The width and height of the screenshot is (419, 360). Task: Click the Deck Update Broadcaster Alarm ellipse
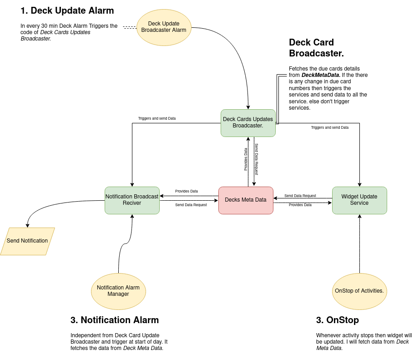click(164, 27)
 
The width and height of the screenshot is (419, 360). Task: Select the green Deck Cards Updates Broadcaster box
click(248, 123)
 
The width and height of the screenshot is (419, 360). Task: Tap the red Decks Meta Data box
click(246, 200)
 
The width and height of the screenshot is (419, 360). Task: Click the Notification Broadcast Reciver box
click(132, 200)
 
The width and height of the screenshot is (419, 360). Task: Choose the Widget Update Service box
click(359, 200)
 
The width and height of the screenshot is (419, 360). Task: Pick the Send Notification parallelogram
click(27, 241)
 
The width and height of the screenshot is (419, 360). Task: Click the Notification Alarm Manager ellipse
click(118, 291)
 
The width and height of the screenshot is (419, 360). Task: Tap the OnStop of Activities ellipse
click(359, 291)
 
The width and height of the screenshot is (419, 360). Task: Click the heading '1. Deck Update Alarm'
click(68, 10)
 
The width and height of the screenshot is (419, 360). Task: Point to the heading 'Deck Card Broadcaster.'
click(316, 48)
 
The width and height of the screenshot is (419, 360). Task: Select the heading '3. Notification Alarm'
click(115, 320)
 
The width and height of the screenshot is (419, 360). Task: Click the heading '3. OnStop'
click(337, 320)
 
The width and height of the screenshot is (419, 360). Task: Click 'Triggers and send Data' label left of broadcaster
click(157, 118)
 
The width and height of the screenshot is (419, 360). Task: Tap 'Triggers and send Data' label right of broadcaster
click(330, 127)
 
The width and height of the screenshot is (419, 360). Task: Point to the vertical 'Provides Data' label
click(246, 159)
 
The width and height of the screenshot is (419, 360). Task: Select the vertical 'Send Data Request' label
click(256, 159)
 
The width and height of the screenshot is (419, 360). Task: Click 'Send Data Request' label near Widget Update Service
click(300, 196)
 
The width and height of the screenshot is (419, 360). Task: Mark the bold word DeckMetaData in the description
click(321, 75)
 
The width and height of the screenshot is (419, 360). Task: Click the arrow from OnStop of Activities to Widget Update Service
click(359, 246)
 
